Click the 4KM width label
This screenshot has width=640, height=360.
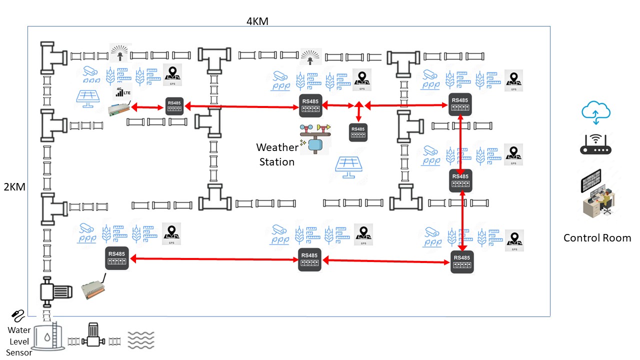258,21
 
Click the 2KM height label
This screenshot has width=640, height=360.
14,186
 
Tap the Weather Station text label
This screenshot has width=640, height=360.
276,154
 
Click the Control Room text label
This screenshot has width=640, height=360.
597,238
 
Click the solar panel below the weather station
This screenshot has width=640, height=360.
349,167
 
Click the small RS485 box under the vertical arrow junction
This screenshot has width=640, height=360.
358,132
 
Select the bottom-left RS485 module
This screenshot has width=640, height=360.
117,258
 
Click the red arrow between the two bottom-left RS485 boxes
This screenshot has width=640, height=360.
214,259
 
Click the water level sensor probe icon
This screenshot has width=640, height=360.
18,316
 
